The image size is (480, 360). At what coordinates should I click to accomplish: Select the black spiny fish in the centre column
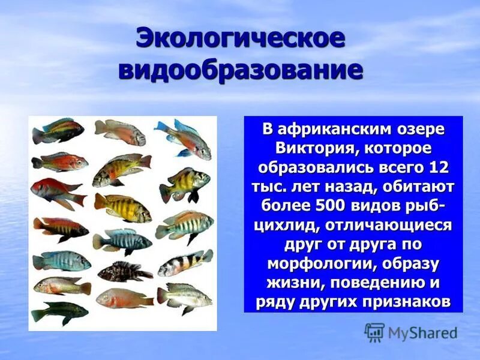coord(125,271)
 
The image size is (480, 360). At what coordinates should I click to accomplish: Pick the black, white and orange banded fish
coord(185,262)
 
